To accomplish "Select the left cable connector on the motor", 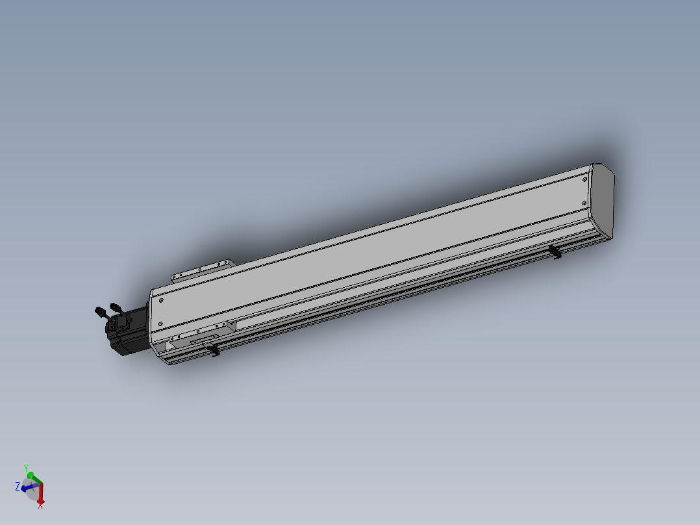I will click(101, 311).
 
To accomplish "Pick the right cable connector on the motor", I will click(116, 307).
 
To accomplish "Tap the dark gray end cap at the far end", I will click(604, 201).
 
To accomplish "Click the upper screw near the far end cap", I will click(585, 179).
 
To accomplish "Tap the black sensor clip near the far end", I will click(556, 252).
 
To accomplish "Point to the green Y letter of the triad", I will click(26, 467).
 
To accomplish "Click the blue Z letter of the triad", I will click(17, 486).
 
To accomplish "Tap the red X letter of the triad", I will click(40, 506).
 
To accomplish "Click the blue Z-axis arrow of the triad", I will click(26, 488).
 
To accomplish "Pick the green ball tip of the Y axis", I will click(30, 476).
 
